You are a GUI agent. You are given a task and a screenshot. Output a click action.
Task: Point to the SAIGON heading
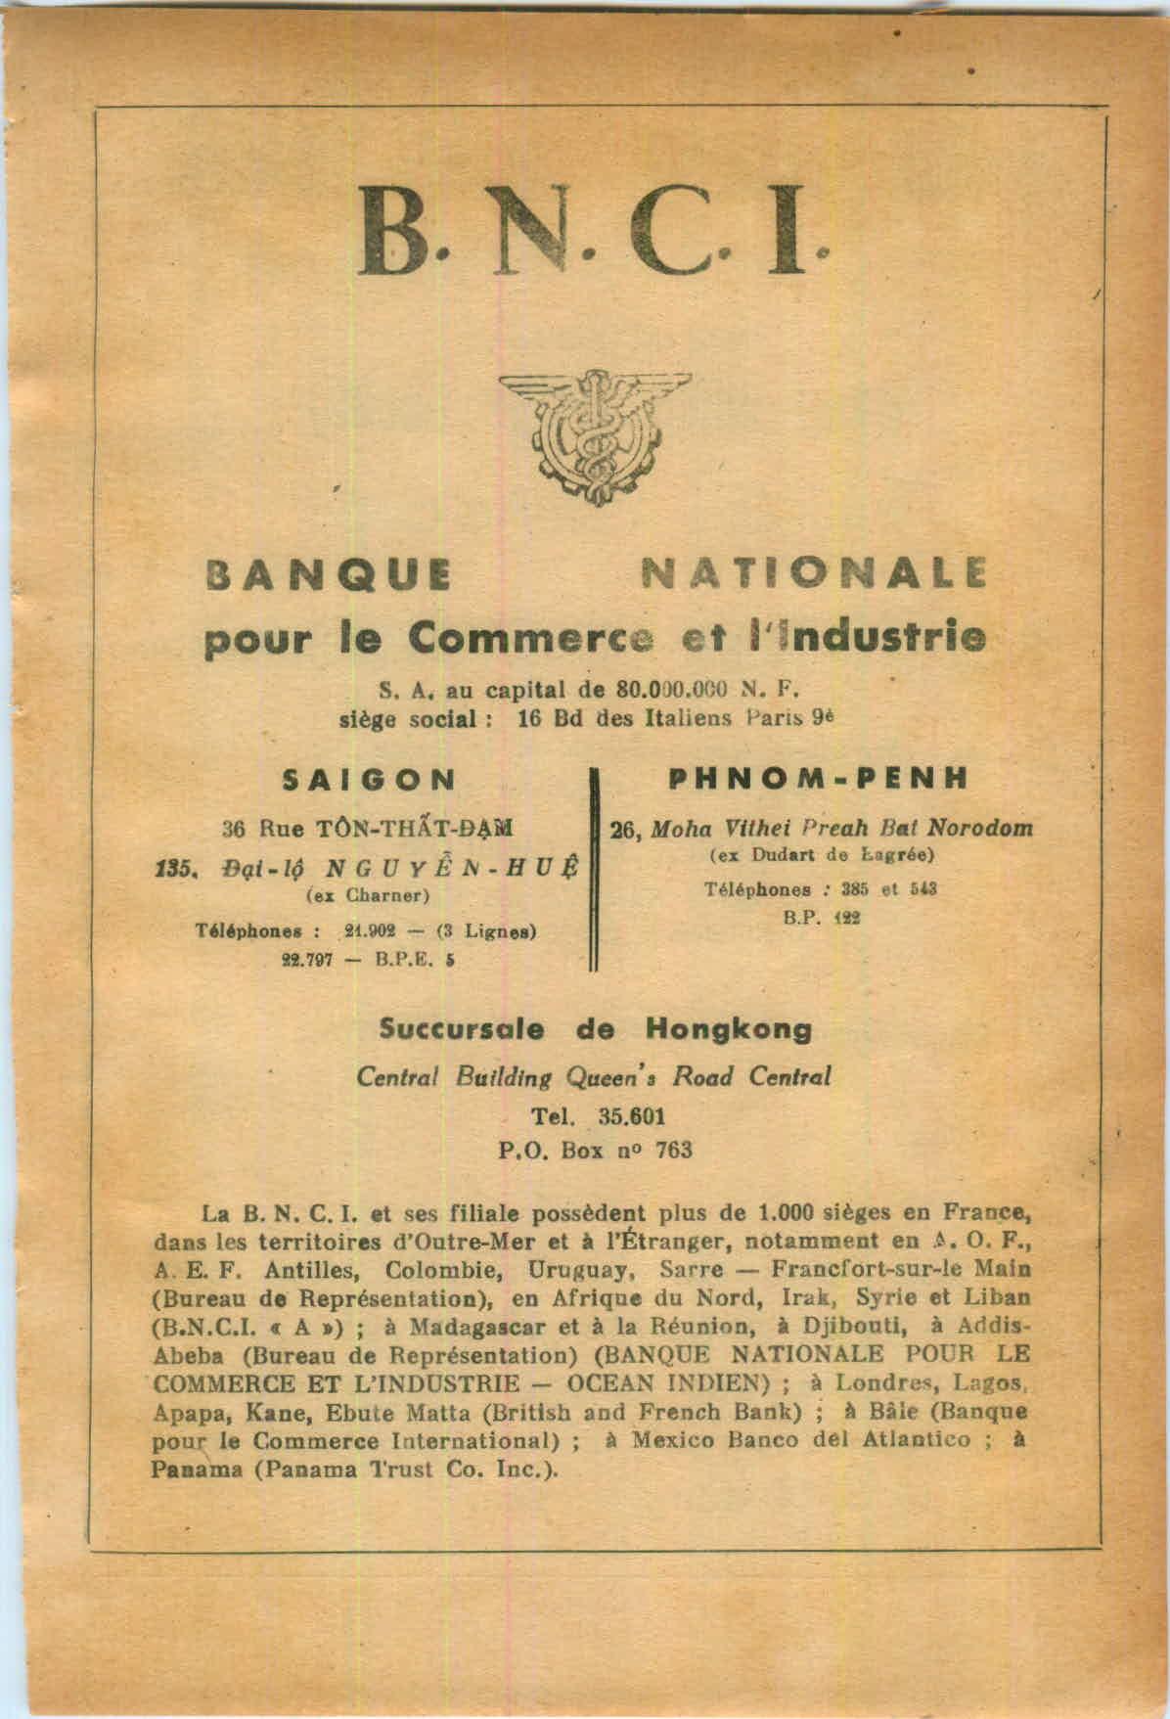point(369,779)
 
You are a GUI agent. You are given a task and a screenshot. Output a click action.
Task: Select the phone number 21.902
point(369,930)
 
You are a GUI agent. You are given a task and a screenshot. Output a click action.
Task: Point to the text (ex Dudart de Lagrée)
point(821,856)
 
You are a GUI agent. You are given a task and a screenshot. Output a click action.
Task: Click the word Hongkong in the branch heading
point(728,1029)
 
